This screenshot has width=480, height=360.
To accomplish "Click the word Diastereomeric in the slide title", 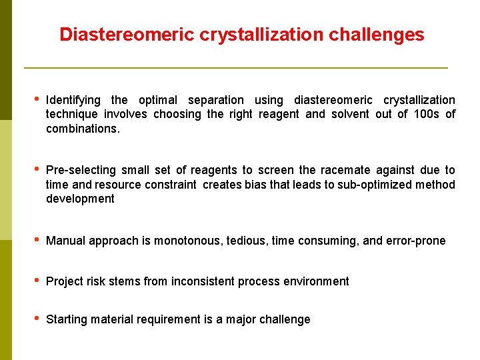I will [x=127, y=35].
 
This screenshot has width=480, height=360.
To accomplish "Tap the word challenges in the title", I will [x=377, y=35].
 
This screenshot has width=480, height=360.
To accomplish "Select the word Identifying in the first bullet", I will [x=73, y=100].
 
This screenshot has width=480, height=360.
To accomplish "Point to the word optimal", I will [x=158, y=100].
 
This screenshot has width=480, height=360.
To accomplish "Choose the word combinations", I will [x=83, y=129].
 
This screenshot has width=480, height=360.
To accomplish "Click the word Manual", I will [x=65, y=241].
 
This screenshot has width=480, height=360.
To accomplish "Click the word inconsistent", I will [x=203, y=281].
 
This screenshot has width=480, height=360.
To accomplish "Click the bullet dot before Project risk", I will [x=35, y=281].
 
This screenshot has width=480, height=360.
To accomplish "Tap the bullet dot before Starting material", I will [x=35, y=319].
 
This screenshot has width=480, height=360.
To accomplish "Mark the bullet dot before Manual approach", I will [x=35, y=240].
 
